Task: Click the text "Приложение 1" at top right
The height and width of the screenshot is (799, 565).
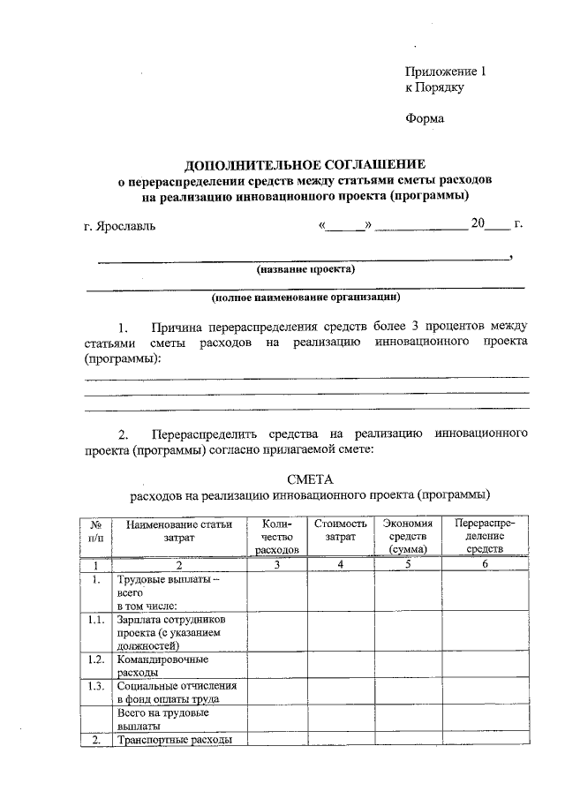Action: coord(446,72)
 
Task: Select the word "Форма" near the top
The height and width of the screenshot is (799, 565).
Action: coord(425,118)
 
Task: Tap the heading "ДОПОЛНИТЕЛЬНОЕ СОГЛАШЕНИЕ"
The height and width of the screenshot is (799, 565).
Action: coord(304,165)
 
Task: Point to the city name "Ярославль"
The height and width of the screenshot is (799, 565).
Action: coord(124,226)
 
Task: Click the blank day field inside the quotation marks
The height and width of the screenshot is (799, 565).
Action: coord(346,225)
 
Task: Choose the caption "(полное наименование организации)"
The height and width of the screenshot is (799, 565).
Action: coord(305,297)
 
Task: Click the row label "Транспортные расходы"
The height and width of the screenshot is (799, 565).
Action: coord(174,740)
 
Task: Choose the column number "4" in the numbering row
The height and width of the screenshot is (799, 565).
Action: coord(340,564)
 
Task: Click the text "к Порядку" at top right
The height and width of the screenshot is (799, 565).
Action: coord(434,87)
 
